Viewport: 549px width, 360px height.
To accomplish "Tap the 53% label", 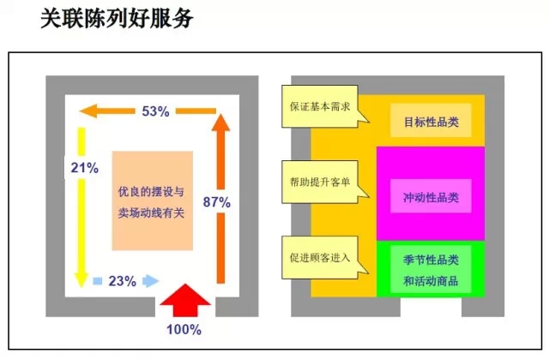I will point(156,111).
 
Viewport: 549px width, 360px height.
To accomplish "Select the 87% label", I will point(216,202).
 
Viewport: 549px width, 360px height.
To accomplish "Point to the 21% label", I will point(84,167).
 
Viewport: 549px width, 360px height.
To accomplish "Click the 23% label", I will point(123,280).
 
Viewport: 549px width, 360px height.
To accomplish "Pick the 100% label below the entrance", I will point(184,329).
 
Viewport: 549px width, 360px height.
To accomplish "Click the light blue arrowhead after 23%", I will point(151,280).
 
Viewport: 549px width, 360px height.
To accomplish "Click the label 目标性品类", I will point(431,122).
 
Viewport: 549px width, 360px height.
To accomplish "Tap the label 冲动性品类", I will point(431,196).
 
